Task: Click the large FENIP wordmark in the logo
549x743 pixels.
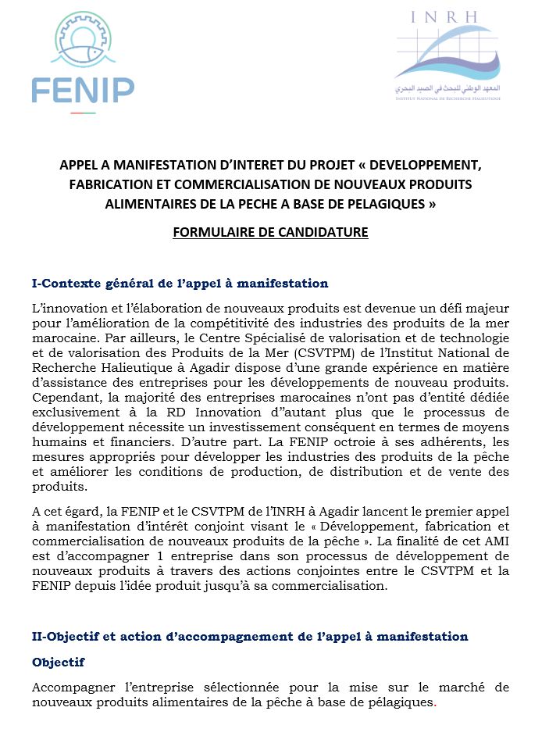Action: (x=83, y=90)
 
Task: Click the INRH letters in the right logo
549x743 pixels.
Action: (x=448, y=17)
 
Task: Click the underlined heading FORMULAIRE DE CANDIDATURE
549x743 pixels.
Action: (x=270, y=232)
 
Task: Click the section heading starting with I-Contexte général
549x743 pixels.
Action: (x=180, y=283)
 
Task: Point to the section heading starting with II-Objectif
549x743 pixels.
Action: (x=250, y=636)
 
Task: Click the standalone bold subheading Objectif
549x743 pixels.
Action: (x=59, y=662)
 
